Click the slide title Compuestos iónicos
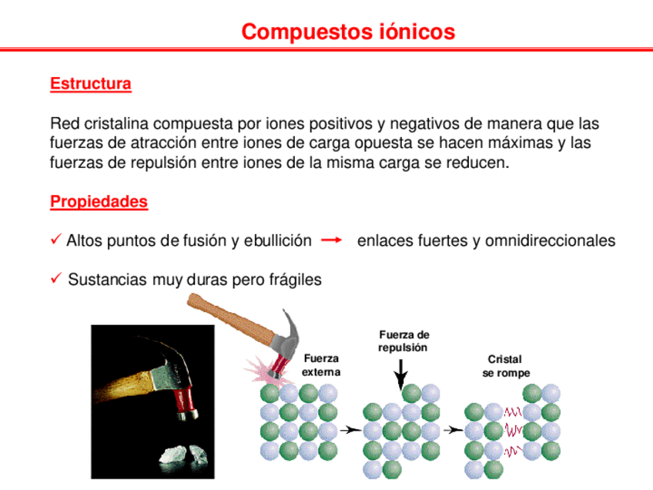[x=348, y=32]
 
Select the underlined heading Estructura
[x=90, y=83]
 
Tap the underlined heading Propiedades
[x=99, y=202]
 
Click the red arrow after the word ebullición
[x=330, y=240]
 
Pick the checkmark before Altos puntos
[x=55, y=240]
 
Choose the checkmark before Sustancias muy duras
[x=55, y=279]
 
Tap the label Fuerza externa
[x=321, y=365]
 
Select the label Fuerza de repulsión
[x=404, y=341]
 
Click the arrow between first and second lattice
[x=350, y=430]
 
